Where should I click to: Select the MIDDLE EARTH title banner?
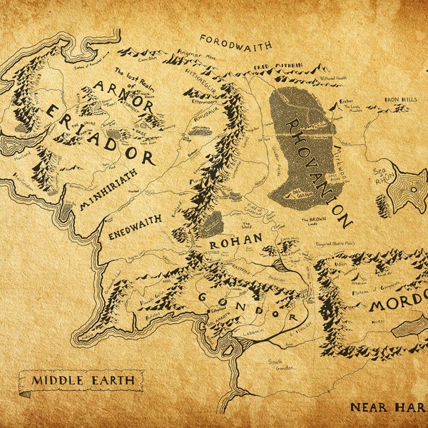[x=82, y=380]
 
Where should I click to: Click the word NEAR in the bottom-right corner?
[x=368, y=407]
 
